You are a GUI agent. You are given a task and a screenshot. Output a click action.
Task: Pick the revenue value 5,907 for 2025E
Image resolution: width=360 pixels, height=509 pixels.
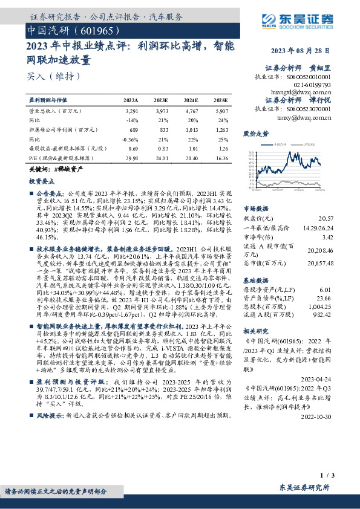pyautogui.click(x=222, y=111)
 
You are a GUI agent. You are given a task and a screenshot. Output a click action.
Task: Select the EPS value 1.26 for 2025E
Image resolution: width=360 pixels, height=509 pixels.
pyautogui.click(x=222, y=148)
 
